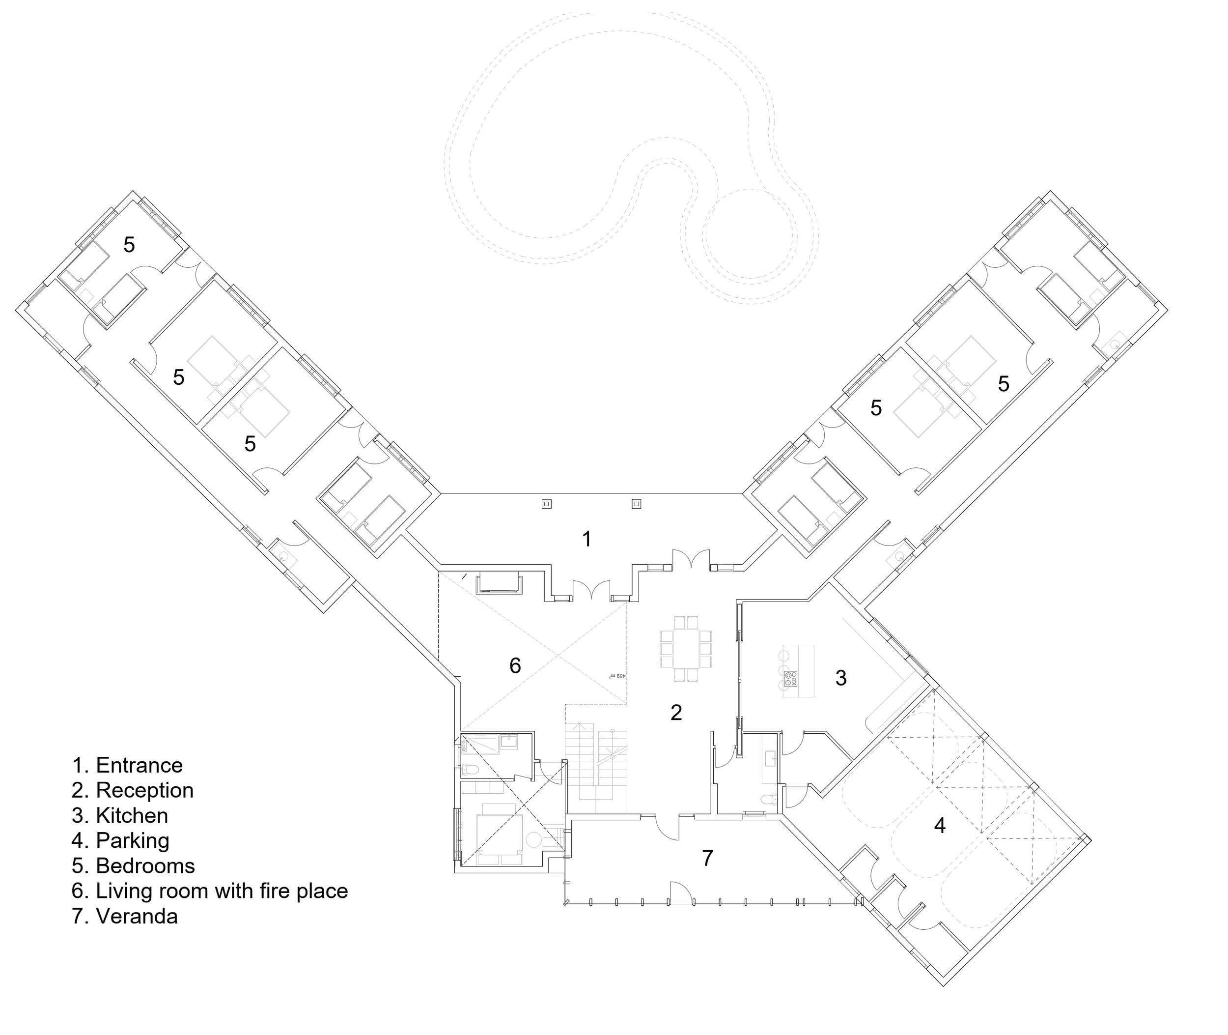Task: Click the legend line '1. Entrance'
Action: (127, 766)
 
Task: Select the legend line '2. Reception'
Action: (133, 791)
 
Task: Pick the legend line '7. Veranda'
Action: (125, 917)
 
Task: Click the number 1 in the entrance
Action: (586, 539)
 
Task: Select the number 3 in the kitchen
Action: (841, 678)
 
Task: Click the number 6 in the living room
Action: (515, 666)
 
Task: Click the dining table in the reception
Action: (686, 649)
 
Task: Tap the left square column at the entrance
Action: (547, 504)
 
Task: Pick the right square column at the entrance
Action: (636, 504)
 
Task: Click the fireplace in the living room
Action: (499, 584)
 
